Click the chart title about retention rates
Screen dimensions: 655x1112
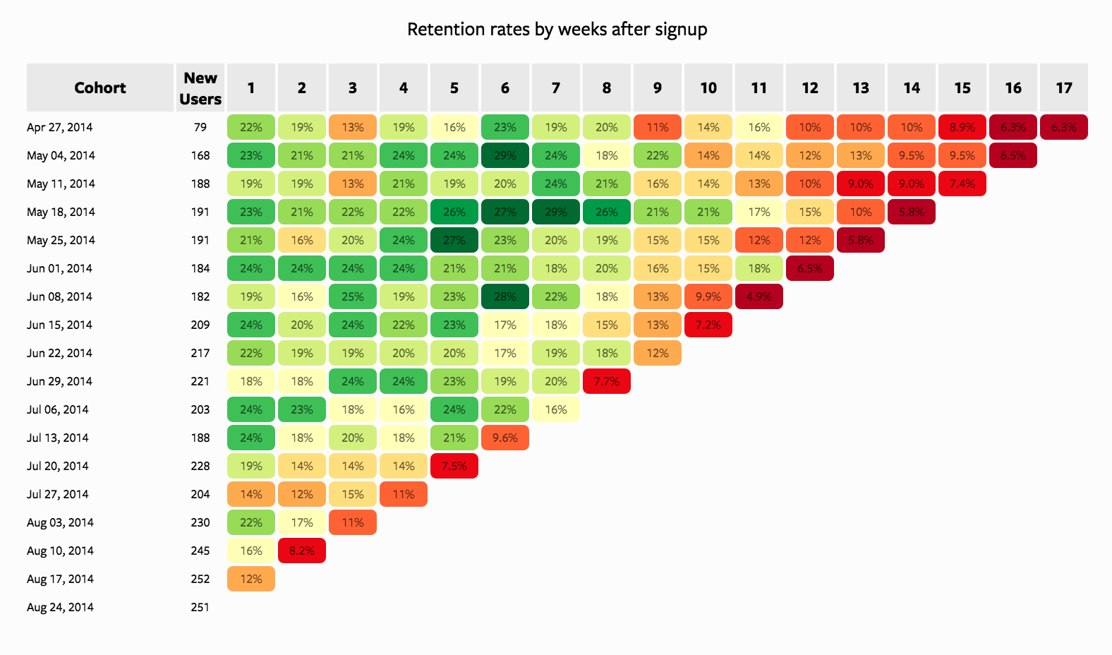pyautogui.click(x=557, y=30)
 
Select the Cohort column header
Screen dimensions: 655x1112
pyautogui.click(x=99, y=88)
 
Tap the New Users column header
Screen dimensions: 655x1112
pyautogui.click(x=200, y=88)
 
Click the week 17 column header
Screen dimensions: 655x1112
pyautogui.click(x=1063, y=88)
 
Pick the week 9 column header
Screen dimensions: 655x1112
pyautogui.click(x=657, y=88)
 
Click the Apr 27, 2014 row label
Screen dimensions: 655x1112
pyautogui.click(x=59, y=127)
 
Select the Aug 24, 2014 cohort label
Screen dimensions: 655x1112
pyautogui.click(x=60, y=607)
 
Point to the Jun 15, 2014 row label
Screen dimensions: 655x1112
pyautogui.click(x=59, y=325)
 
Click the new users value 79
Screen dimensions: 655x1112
pyautogui.click(x=200, y=127)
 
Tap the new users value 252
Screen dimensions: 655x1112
pyautogui.click(x=200, y=579)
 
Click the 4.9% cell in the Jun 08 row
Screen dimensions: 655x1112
pyautogui.click(x=759, y=296)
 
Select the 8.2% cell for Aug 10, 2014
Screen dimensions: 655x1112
pyautogui.click(x=302, y=551)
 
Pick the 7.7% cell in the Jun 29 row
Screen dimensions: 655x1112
pyautogui.click(x=606, y=381)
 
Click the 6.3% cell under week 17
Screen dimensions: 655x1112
pyautogui.click(x=1063, y=127)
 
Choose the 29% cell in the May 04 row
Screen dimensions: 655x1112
pyautogui.click(x=504, y=155)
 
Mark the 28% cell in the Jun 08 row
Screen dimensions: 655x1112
pyautogui.click(x=504, y=296)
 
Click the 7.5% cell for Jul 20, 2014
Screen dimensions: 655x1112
pyautogui.click(x=454, y=466)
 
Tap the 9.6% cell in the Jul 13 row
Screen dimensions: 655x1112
pyautogui.click(x=504, y=438)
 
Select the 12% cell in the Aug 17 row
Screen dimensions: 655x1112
pyautogui.click(x=251, y=579)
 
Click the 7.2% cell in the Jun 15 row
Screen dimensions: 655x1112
pyautogui.click(x=708, y=325)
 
